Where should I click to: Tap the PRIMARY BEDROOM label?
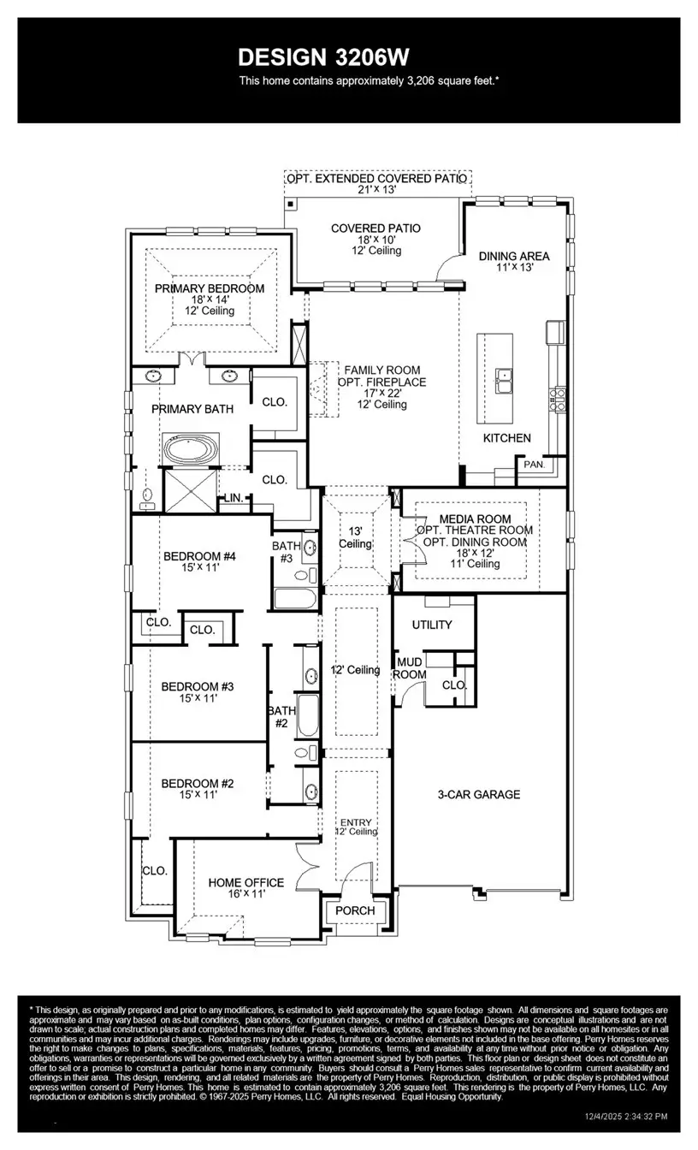210,288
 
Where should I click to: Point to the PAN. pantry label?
535,465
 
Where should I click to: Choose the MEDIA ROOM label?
475,519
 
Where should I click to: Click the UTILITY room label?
432,625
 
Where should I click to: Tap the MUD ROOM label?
410,668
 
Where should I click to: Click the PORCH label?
355,910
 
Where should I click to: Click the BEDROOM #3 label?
198,686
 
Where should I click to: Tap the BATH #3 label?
286,551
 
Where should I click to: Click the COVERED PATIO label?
376,228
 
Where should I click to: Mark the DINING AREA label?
514,256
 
